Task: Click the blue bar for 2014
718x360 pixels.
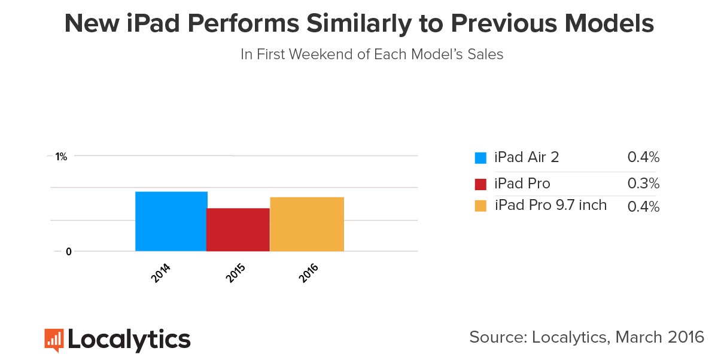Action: [x=171, y=221]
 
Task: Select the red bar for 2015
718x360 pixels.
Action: [x=238, y=230]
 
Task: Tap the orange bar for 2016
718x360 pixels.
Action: [x=307, y=224]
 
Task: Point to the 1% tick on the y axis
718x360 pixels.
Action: [x=61, y=157]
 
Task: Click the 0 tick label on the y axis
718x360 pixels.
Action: [x=69, y=252]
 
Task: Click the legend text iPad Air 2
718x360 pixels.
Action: [x=527, y=158]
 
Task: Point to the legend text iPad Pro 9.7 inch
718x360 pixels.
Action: [x=550, y=205]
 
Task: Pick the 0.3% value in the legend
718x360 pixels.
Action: [x=643, y=183]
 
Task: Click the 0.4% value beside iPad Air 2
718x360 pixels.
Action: [x=643, y=158]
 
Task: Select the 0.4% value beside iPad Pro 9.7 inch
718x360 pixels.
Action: [x=643, y=207]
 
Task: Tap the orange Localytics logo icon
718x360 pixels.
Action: [x=54, y=340]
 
